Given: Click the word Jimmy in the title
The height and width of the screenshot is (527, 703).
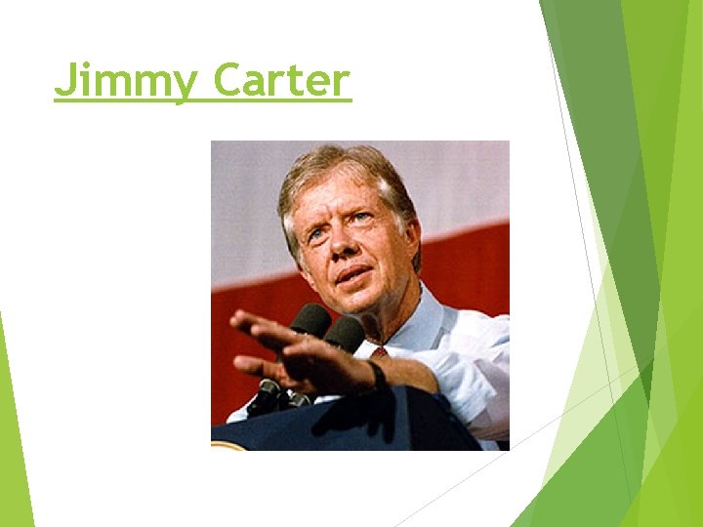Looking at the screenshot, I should [x=125, y=81].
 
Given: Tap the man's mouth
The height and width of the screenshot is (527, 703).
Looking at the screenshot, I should [x=353, y=275].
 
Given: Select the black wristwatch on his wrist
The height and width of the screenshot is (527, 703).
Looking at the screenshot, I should [x=377, y=374].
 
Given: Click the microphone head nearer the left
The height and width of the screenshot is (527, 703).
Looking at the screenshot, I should [x=310, y=320].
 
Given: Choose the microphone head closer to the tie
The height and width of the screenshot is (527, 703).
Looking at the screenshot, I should [x=345, y=333].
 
